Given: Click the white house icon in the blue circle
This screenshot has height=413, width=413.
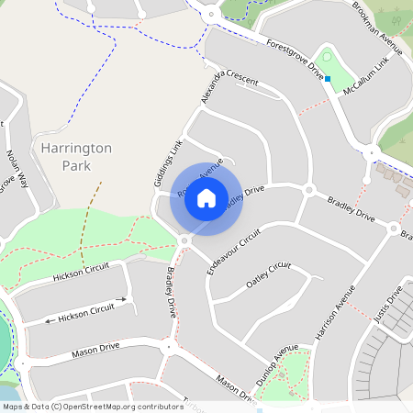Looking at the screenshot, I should [206, 198].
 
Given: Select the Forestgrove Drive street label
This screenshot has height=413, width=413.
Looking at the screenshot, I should [296, 56].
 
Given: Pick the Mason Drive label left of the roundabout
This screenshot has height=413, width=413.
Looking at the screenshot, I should [96, 351].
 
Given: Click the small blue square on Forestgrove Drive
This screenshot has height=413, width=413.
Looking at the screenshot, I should [327, 79].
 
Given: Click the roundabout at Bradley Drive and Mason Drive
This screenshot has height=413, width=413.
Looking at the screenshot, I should [168, 348].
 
